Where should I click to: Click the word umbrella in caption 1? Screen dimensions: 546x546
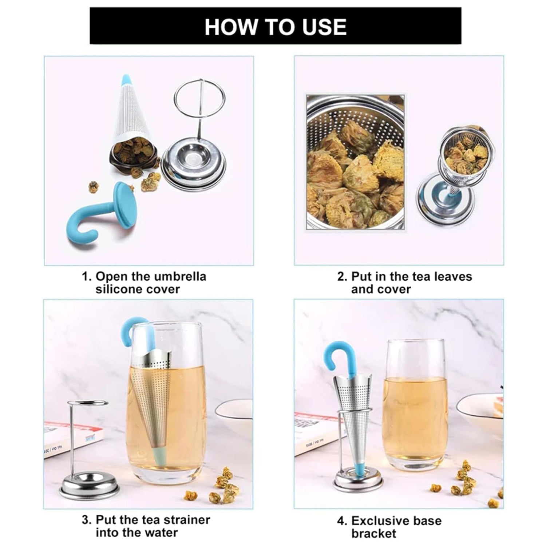(x=179, y=276)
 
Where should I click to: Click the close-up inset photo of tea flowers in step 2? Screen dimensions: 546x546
(x=355, y=162)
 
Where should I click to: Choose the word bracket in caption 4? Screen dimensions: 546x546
(x=374, y=534)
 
